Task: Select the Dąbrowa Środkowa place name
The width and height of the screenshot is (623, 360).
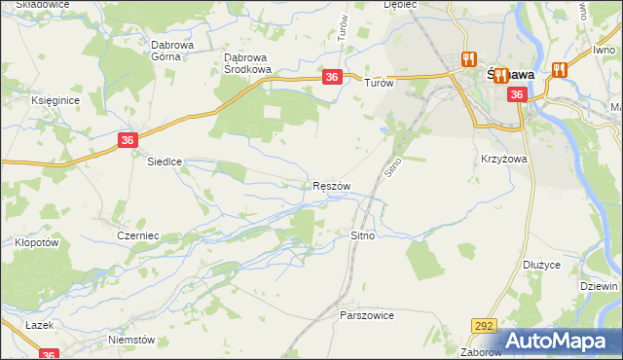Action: [x=247, y=62]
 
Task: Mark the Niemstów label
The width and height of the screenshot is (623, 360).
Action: [x=132, y=340]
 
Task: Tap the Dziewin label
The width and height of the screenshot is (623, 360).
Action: [x=599, y=287]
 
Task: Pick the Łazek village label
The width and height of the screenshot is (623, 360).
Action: [x=39, y=324]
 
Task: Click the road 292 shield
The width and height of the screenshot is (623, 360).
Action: [x=482, y=326]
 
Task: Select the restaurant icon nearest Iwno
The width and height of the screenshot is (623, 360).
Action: [x=559, y=70]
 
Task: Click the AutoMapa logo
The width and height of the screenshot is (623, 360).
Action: [x=560, y=341]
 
